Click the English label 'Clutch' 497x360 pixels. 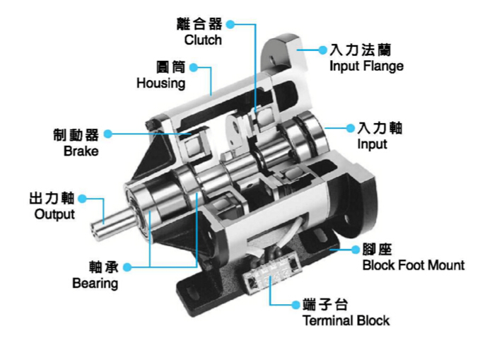pos(203,40)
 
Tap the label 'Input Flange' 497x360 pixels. pos(366,66)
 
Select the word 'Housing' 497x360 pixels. pos(160,83)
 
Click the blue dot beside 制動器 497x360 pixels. pos(108,133)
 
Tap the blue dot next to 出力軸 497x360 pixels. pos(82,199)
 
